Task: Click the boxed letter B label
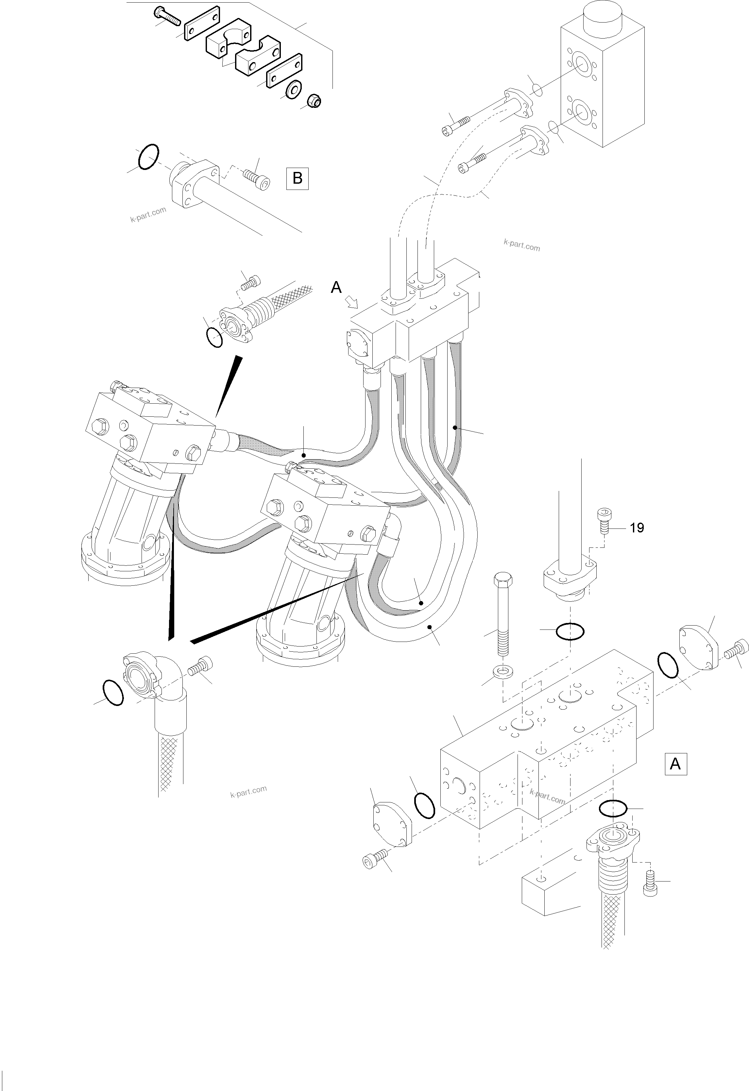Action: point(297,178)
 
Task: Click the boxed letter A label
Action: point(675,764)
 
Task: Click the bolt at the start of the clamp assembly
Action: point(167,15)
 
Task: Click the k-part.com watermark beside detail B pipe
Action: point(148,214)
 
